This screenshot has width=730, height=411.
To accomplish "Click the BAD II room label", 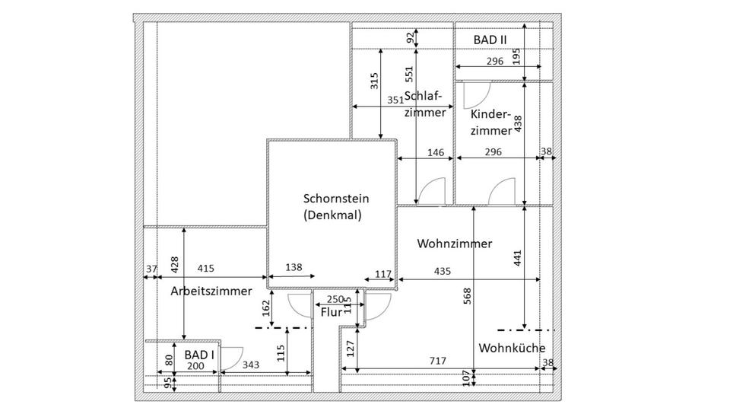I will point(490,39).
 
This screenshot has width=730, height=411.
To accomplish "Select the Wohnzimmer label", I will point(455,244).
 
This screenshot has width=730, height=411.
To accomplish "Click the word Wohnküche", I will point(512,348).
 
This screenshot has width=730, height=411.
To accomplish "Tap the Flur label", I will point(331,312).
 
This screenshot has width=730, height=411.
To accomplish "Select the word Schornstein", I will point(332,199).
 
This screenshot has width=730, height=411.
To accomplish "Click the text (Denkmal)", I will point(332,215).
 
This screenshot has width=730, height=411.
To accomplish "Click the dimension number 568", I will point(467,296).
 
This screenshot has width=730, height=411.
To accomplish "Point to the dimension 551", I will point(409,73).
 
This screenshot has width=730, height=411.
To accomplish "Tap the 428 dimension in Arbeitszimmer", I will point(176,263).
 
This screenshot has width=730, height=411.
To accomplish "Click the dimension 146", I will point(435,152).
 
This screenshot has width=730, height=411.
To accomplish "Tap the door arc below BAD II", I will point(474,94).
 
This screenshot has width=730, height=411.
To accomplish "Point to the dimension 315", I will point(374,81).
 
